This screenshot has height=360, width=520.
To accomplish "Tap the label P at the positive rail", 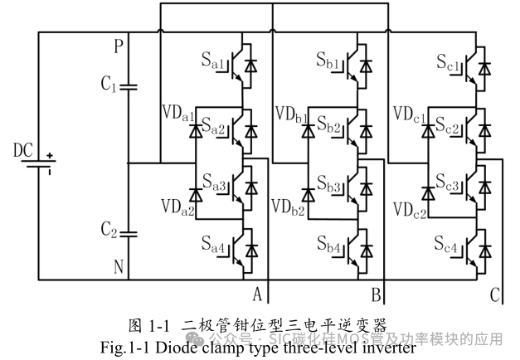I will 118,47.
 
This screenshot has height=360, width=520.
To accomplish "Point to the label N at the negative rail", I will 118,267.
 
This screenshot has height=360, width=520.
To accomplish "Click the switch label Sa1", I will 208,61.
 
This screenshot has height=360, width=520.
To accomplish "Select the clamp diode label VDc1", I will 410,113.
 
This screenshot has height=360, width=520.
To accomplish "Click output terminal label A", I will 257,293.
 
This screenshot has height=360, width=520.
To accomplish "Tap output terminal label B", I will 376,293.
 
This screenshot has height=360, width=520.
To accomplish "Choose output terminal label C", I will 495,293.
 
